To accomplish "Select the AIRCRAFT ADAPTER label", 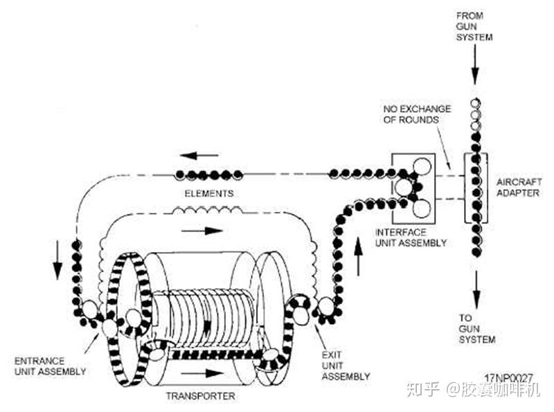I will [518, 187].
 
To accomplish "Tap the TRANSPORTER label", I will [201, 396].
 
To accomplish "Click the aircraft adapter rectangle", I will [476, 188].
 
